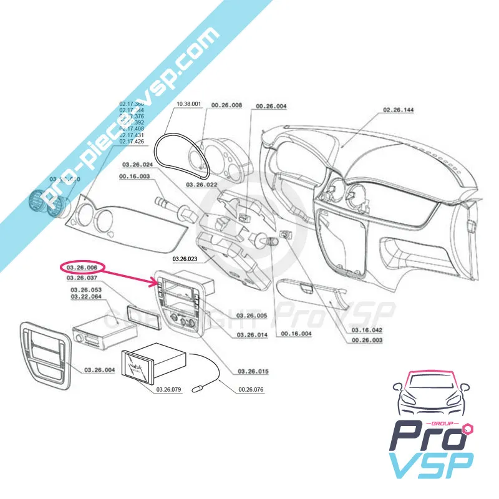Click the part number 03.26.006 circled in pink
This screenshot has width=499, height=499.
[x=81, y=268]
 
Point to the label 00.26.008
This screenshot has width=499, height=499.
[x=226, y=106]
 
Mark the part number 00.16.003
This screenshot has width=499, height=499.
[x=134, y=177]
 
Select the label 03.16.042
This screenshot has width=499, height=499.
[x=367, y=329]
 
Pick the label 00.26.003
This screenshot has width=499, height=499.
[x=367, y=341]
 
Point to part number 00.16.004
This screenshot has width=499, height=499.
[x=296, y=334]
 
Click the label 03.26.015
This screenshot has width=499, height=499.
[x=253, y=372]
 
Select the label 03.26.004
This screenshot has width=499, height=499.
[x=99, y=371]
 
